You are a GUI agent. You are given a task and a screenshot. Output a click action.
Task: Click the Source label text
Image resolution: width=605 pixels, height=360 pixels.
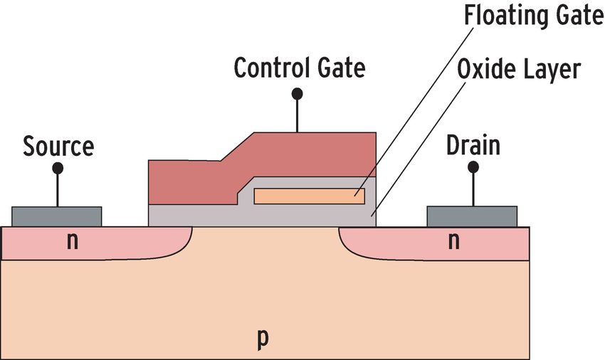58,146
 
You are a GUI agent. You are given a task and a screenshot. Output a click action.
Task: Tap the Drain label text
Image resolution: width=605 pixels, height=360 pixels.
473,145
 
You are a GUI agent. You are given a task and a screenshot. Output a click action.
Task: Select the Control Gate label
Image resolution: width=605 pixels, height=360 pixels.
300,68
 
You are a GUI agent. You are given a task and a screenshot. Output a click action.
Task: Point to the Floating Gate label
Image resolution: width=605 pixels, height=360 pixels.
534,16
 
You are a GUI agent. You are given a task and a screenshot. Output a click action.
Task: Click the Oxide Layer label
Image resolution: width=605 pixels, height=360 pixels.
519,70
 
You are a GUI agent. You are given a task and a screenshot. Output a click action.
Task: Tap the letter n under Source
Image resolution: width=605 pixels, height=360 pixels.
72,241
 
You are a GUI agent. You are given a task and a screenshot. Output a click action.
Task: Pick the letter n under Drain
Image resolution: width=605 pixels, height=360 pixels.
454,241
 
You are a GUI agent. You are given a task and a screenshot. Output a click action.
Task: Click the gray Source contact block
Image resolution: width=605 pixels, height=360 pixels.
57,217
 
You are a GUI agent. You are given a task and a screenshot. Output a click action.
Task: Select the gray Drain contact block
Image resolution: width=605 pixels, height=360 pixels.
472,216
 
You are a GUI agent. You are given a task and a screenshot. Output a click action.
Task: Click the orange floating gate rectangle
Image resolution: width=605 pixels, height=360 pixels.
310,196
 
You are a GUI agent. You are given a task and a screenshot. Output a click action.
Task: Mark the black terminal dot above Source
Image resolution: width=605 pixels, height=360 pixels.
58,168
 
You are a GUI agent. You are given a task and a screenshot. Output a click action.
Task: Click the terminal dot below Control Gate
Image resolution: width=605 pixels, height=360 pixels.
297,93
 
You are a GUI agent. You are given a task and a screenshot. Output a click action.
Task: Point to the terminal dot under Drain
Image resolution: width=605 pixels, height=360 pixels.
473,167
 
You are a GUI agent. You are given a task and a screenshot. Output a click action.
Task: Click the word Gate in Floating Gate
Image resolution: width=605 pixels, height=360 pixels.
580,16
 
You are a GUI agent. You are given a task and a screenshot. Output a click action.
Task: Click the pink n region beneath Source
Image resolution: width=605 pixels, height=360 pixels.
97,243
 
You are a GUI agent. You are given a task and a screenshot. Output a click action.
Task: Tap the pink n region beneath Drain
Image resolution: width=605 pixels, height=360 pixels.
434,243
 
